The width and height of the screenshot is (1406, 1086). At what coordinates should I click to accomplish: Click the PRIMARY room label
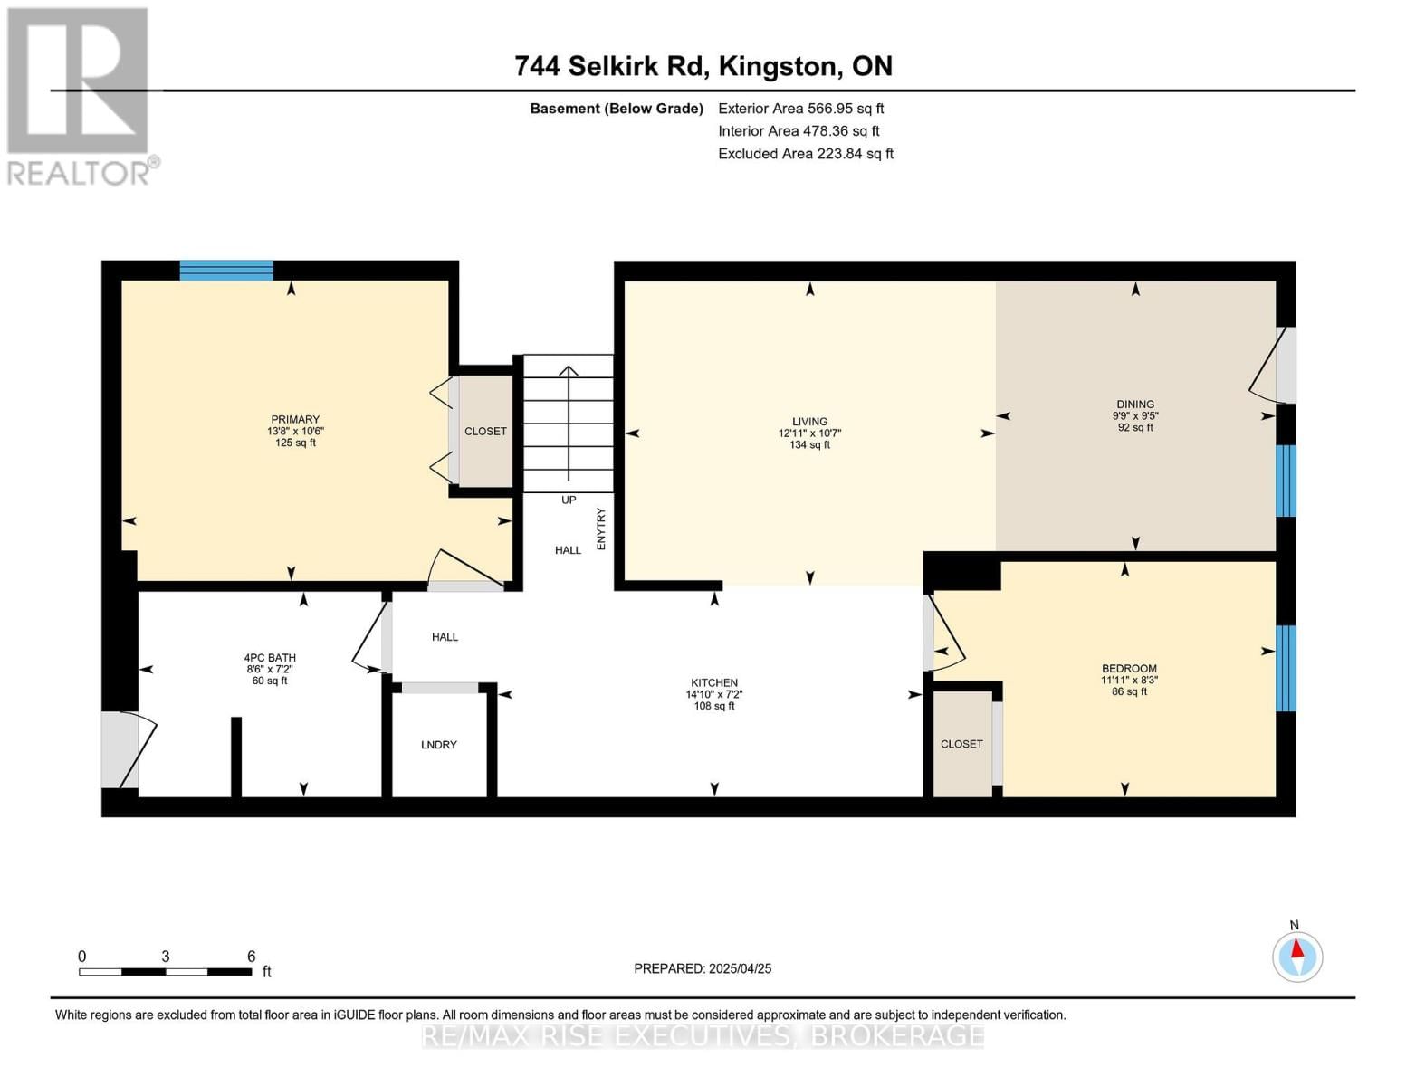(x=295, y=419)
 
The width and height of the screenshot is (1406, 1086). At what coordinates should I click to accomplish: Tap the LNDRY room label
(x=439, y=745)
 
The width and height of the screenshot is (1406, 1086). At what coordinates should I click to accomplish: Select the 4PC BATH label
(x=270, y=658)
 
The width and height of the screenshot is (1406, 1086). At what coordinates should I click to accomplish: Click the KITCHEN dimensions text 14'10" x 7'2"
(x=714, y=694)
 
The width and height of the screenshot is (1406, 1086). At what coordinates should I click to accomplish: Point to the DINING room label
(x=1135, y=405)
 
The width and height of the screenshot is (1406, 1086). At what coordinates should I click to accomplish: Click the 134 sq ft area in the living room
(x=809, y=444)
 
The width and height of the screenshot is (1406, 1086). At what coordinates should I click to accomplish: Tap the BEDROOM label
(x=1129, y=669)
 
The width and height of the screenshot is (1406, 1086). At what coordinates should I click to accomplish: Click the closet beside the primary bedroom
(x=486, y=431)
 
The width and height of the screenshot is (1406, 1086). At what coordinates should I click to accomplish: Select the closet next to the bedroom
(x=961, y=744)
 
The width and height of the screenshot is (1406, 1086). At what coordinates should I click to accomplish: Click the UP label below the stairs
(x=569, y=500)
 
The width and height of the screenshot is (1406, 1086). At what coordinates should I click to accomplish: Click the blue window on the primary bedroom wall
(x=226, y=270)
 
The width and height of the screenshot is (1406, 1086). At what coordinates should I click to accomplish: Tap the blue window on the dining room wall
(x=1286, y=481)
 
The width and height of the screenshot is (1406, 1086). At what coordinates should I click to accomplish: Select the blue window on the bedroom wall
(x=1286, y=668)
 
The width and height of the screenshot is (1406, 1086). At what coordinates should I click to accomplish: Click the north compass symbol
(x=1297, y=956)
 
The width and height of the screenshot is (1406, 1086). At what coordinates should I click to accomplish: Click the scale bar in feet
(x=166, y=971)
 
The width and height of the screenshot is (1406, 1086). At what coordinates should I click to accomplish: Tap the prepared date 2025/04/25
(x=740, y=968)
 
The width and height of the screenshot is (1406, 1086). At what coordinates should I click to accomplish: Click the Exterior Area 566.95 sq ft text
(x=800, y=109)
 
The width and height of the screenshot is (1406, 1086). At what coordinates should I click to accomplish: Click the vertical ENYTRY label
(x=600, y=529)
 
